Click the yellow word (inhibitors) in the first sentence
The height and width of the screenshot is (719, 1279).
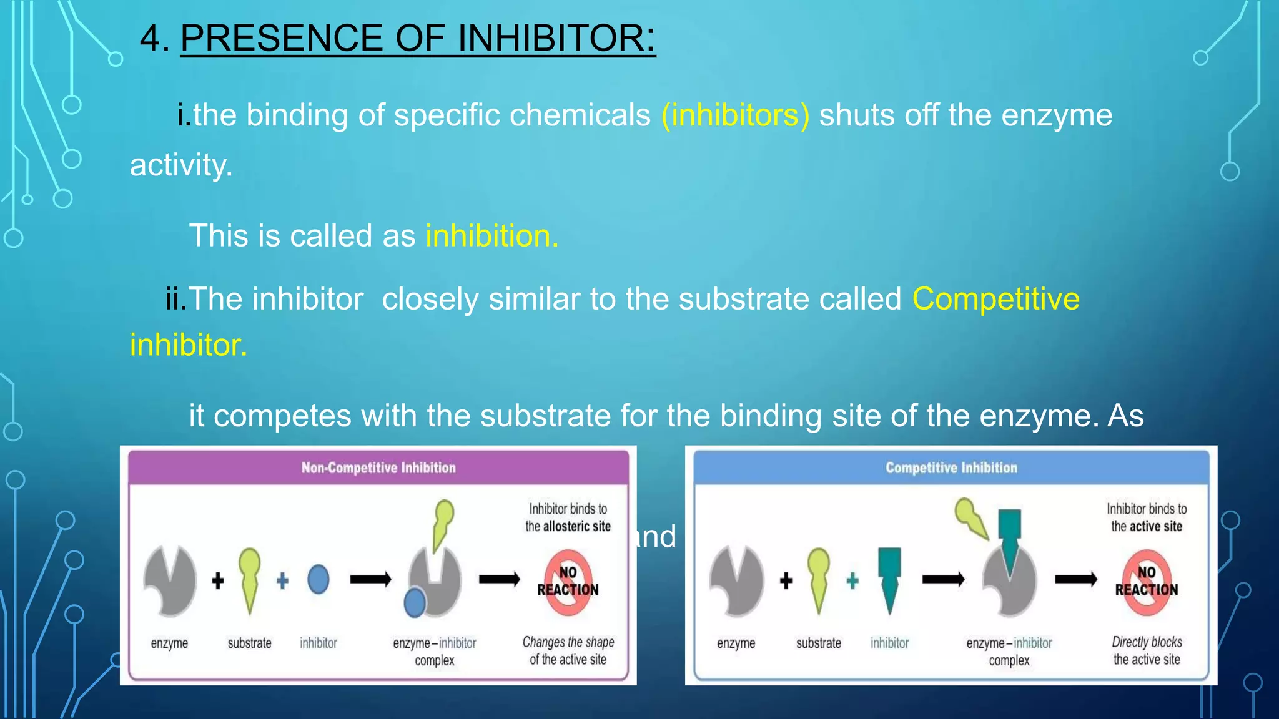pyautogui.click(x=735, y=115)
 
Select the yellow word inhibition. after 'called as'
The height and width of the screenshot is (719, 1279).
pyautogui.click(x=491, y=236)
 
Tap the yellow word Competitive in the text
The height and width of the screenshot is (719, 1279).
pyautogui.click(x=995, y=299)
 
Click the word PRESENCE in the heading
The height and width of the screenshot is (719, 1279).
pyautogui.click(x=282, y=38)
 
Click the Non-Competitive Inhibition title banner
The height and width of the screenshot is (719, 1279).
pyautogui.click(x=378, y=467)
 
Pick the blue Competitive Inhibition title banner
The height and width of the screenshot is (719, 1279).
pyautogui.click(x=951, y=467)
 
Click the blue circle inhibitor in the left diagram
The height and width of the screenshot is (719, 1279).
pyautogui.click(x=319, y=580)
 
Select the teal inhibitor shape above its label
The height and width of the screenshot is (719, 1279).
pyautogui.click(x=889, y=577)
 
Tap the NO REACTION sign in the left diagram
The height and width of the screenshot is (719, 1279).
pyautogui.click(x=567, y=582)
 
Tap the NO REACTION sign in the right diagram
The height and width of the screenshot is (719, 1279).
pyautogui.click(x=1146, y=582)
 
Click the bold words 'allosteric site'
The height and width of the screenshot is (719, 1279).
pyautogui.click(x=576, y=527)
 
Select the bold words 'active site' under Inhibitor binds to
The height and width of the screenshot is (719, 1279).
pyautogui.click(x=1155, y=527)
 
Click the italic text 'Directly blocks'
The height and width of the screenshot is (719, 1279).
pyautogui.click(x=1147, y=642)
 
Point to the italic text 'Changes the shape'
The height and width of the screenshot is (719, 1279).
pyautogui.click(x=568, y=642)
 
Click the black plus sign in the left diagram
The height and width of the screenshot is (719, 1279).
pyautogui.click(x=218, y=581)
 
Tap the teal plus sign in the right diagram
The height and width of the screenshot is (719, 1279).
pyautogui.click(x=852, y=581)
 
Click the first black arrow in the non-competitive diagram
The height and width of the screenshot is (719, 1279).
pyautogui.click(x=370, y=580)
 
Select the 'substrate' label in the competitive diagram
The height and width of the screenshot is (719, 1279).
pyautogui.click(x=818, y=643)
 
